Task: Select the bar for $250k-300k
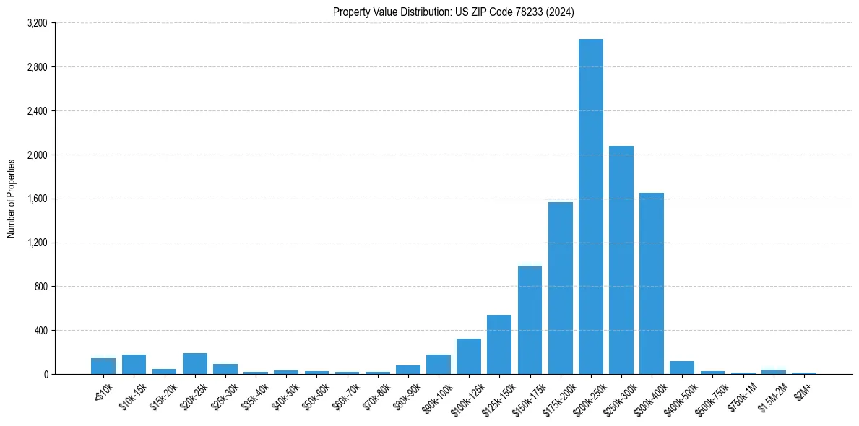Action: (621, 260)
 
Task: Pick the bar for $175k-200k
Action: (560, 288)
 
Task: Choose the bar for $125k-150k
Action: (499, 344)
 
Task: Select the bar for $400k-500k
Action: (681, 368)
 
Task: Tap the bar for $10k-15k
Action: (134, 364)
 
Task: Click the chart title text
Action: (454, 12)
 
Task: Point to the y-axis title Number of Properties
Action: (12, 199)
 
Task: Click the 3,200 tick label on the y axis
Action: (36, 23)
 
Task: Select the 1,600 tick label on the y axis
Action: (36, 199)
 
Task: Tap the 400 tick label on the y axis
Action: (40, 331)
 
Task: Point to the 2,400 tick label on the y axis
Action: (36, 111)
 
